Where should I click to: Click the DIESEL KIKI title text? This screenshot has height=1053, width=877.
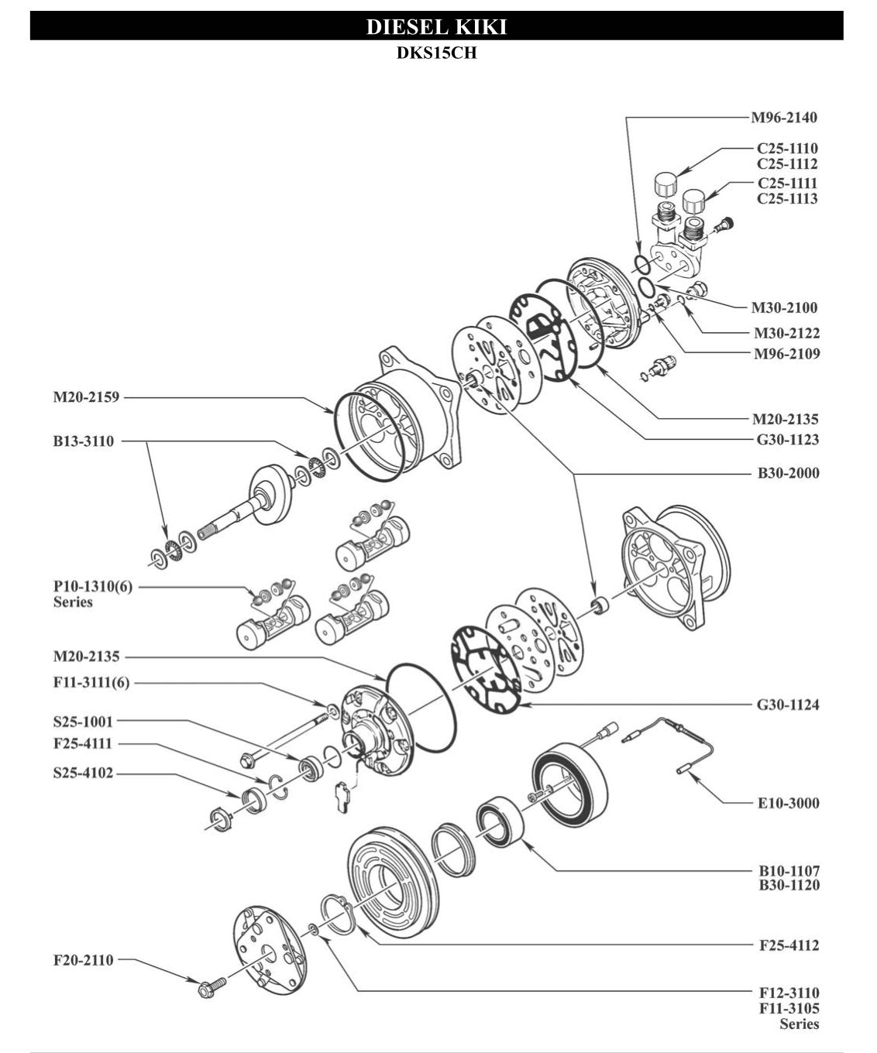tap(436, 27)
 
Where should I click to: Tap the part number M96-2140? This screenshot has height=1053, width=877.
tap(783, 118)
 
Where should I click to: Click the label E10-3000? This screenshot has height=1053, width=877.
tap(788, 803)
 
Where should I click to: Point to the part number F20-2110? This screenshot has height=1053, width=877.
tap(83, 960)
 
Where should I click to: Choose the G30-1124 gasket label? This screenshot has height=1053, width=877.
tap(787, 705)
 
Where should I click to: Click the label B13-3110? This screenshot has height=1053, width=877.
tap(83, 441)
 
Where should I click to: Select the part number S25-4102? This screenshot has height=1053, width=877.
tap(83, 773)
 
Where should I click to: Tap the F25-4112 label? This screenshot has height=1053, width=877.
tap(789, 945)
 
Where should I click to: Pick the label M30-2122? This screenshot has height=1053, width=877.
tap(786, 333)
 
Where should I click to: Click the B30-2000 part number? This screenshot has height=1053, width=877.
tap(788, 472)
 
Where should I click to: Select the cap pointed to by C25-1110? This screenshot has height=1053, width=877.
tap(665, 186)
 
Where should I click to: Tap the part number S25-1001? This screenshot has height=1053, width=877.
tap(83, 722)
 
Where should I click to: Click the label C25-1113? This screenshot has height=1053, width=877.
tap(787, 198)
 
